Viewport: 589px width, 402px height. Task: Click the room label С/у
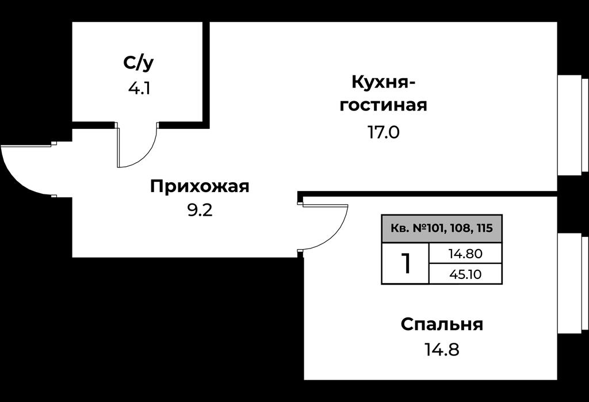[138, 63]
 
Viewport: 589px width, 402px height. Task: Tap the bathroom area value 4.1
[139, 89]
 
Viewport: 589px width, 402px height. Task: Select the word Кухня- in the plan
[384, 82]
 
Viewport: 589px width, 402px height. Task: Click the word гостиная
[384, 105]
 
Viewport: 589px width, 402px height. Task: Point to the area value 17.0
[383, 132]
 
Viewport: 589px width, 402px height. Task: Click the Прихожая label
[200, 186]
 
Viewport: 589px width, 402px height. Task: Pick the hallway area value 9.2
[200, 210]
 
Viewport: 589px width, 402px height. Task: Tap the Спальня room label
[442, 324]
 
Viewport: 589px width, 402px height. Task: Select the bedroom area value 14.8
[442, 350]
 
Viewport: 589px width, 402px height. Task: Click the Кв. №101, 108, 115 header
[442, 228]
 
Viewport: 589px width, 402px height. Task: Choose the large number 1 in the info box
[406, 263]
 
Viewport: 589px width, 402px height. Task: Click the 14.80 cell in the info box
[465, 254]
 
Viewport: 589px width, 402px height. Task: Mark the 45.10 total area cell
[465, 274]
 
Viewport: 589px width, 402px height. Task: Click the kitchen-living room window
[572, 125]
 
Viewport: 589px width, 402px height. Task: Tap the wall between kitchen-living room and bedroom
[427, 193]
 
